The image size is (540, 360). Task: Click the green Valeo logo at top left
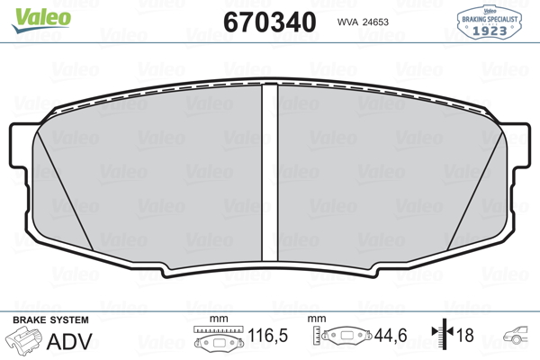pyautogui.click(x=41, y=20)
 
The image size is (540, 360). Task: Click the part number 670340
pyautogui.click(x=270, y=22)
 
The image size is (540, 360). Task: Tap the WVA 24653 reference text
pyautogui.click(x=363, y=22)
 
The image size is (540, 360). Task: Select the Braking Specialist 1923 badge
pyautogui.click(x=489, y=22)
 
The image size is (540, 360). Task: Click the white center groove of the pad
pyautogui.click(x=270, y=172)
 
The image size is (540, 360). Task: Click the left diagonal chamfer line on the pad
pyautogui.click(x=65, y=191)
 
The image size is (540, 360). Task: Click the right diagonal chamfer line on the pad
pyautogui.click(x=475, y=191)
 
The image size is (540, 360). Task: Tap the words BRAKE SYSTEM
pyautogui.click(x=50, y=320)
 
